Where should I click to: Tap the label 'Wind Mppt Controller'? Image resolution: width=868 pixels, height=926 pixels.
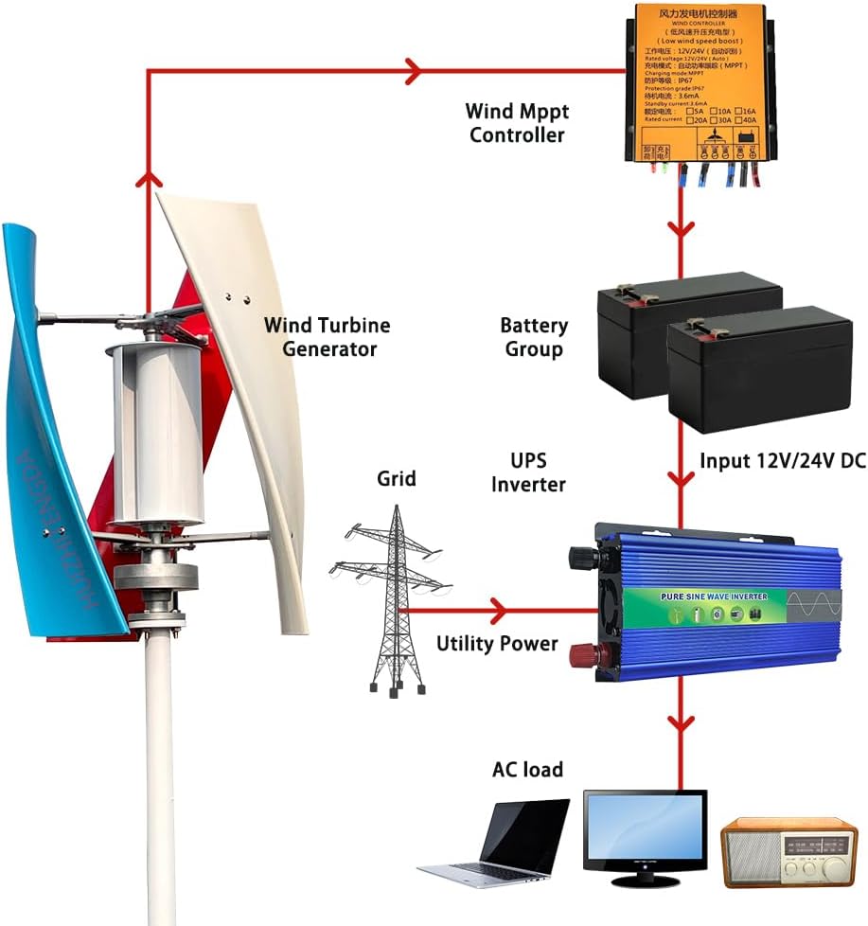pos(517,123)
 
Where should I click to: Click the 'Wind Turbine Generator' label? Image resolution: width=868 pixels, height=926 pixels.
pos(327,337)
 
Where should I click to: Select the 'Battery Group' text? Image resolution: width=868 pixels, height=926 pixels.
pos(534,337)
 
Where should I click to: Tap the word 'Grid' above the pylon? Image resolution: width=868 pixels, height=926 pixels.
pos(396,479)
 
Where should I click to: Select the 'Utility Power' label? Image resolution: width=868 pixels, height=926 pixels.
pos(497,644)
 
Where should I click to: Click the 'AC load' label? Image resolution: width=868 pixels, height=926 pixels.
pos(527,769)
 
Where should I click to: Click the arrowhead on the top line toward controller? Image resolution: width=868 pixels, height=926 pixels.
pos(413,68)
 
